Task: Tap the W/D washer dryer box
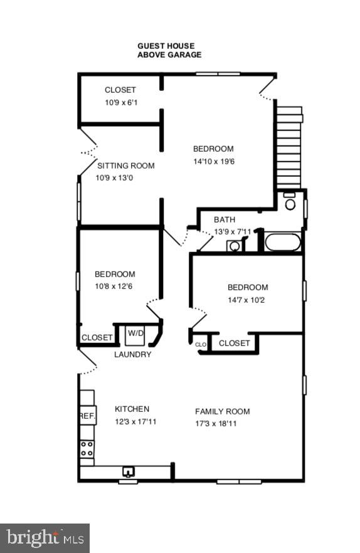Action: click(x=135, y=334)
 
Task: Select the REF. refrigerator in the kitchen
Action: click(x=87, y=415)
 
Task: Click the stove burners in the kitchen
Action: click(x=87, y=448)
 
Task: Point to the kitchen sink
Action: click(x=129, y=472)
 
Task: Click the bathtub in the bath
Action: click(x=282, y=242)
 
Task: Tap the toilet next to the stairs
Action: click(x=290, y=202)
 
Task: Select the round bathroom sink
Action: click(x=234, y=246)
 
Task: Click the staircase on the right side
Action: click(x=289, y=148)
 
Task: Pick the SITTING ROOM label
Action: click(x=125, y=166)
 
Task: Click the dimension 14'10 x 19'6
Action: click(x=213, y=161)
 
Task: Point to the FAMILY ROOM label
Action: click(x=222, y=411)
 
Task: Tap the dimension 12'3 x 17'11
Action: click(x=135, y=421)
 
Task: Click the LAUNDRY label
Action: click(x=132, y=354)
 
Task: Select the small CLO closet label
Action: click(x=201, y=344)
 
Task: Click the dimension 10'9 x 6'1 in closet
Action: click(x=120, y=102)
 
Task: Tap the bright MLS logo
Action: click(x=45, y=538)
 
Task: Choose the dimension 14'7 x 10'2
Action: click(x=247, y=300)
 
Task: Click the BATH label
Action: click(x=225, y=219)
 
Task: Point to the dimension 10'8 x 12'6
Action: click(x=115, y=286)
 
